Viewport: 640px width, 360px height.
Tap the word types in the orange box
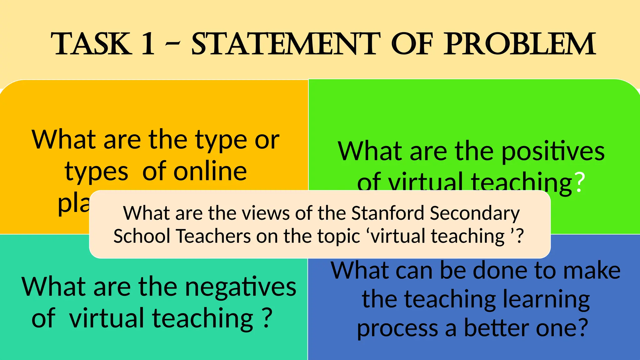click(x=97, y=172)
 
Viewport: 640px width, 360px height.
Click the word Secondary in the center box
click(x=475, y=213)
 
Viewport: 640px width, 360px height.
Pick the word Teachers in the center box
click(x=214, y=236)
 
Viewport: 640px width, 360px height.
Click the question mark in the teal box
click(x=267, y=318)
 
